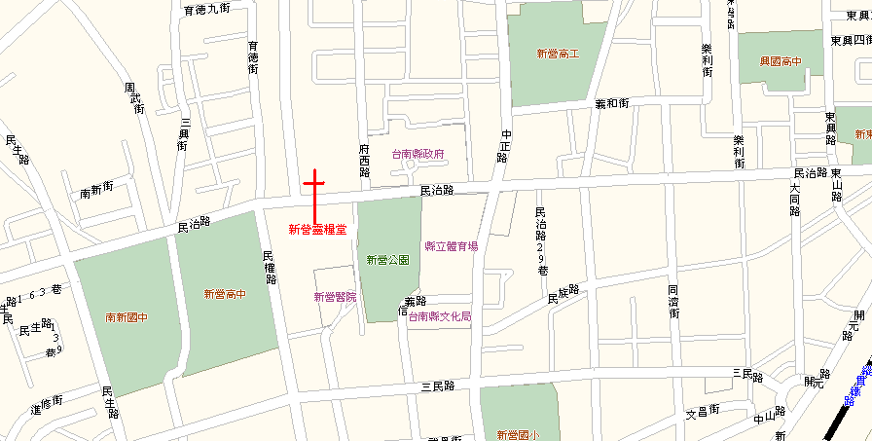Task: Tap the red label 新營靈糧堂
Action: click(317, 230)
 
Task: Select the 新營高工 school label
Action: click(558, 54)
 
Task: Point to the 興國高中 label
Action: click(781, 61)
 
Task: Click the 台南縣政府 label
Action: click(418, 154)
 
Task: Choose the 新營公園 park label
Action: click(387, 260)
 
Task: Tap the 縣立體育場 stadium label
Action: click(452, 246)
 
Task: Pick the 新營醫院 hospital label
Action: click(335, 297)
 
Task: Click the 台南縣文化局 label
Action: click(440, 316)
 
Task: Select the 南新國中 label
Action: click(127, 317)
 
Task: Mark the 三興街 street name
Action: click(182, 133)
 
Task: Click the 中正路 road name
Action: click(504, 146)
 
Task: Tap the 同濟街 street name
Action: click(672, 301)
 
